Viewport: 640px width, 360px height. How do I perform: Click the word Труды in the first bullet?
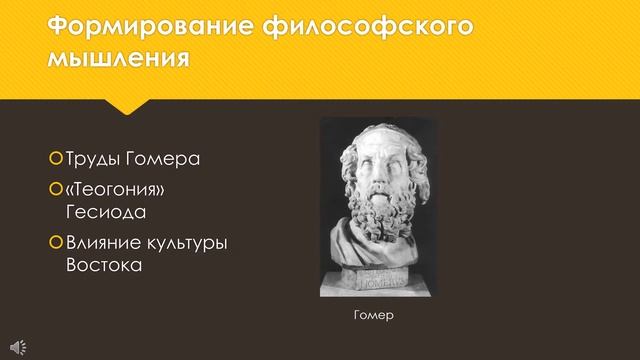[90, 160]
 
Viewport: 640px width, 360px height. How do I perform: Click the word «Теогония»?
[114, 190]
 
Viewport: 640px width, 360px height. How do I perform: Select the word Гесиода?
[104, 212]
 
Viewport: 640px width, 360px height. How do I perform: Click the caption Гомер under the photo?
[375, 316]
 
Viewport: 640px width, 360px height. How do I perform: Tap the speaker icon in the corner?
[20, 347]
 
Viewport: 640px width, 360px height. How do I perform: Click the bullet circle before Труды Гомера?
[55, 160]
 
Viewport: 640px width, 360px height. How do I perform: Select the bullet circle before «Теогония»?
[55, 190]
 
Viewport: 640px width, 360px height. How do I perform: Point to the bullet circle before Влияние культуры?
[55, 243]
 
